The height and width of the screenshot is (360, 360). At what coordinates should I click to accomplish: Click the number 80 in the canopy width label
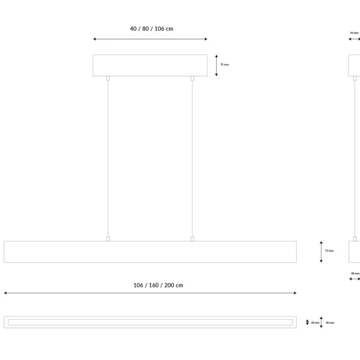point(145,29)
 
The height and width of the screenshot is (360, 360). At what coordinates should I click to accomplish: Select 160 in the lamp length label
point(153,285)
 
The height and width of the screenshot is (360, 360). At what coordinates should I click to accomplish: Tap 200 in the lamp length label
point(169,285)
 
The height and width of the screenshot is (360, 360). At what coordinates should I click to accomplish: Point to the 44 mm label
point(354,33)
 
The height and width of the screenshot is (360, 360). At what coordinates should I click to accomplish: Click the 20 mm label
point(315,323)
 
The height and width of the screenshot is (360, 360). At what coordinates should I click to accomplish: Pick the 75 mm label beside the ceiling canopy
point(225,65)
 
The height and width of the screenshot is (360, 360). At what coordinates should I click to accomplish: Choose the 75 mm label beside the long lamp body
point(329,251)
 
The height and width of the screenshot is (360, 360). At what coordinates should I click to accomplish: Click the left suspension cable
point(108,159)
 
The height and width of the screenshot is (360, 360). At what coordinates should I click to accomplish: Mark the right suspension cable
point(192,159)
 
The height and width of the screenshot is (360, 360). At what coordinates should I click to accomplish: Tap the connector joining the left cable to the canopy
point(108,78)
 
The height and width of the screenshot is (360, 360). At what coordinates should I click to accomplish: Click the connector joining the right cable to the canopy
point(192,78)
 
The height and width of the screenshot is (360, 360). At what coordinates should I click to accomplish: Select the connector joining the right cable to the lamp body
point(192,239)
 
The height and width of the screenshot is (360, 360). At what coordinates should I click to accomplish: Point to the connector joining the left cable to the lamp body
point(108,239)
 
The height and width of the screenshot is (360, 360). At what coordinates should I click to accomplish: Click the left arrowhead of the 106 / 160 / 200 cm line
point(5,293)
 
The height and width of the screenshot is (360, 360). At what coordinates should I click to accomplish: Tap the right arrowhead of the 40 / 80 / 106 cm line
point(206,39)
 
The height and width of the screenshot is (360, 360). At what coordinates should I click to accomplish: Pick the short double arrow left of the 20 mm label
point(307,322)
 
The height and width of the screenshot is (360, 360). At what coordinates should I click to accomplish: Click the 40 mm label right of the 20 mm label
point(330,323)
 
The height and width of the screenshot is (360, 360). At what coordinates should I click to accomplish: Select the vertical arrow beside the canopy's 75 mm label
point(216,65)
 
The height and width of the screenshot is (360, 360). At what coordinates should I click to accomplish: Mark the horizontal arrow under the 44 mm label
point(354,39)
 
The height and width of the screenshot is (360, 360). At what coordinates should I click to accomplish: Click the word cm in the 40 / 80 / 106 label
point(169,29)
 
